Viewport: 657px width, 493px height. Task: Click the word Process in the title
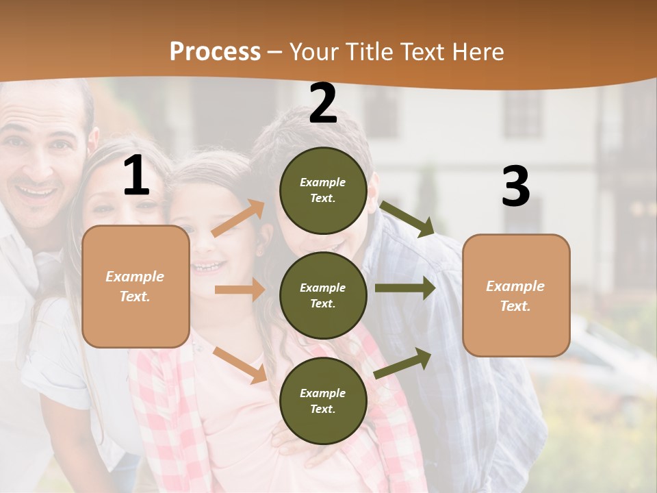click(x=215, y=51)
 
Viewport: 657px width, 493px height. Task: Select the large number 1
click(x=136, y=176)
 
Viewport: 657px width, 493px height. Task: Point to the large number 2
click(x=323, y=103)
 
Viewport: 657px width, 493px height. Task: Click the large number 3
click(x=515, y=187)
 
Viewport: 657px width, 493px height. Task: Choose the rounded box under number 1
click(x=136, y=286)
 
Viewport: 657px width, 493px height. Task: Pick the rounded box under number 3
click(x=516, y=295)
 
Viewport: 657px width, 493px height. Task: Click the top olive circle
click(x=323, y=190)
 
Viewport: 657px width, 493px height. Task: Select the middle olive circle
click(x=323, y=295)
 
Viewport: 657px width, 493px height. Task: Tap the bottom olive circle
click(x=323, y=401)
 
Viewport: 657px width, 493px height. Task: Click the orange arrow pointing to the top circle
click(x=238, y=218)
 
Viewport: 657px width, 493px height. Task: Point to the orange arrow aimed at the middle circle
click(x=240, y=290)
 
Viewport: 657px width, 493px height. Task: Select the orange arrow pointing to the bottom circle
click(x=240, y=365)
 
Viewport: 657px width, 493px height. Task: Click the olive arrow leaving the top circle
click(x=407, y=218)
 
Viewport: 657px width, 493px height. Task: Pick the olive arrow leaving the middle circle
click(x=405, y=288)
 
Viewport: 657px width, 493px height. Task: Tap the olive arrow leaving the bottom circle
click(x=403, y=363)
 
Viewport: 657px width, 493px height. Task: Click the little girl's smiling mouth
click(x=208, y=266)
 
